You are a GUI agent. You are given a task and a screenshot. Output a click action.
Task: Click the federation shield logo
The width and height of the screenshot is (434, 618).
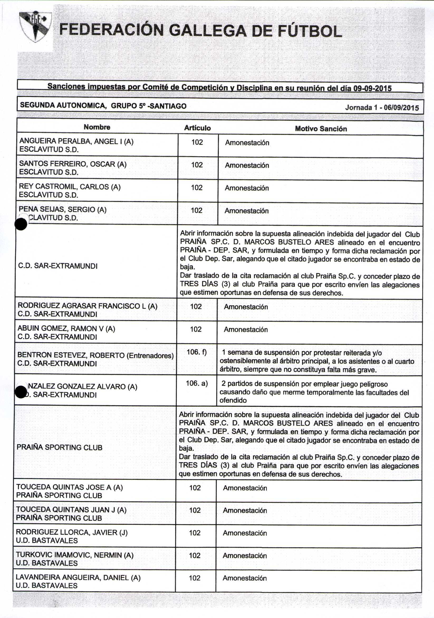click(35, 27)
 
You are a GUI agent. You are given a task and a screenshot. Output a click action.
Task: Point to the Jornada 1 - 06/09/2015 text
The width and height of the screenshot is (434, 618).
click(382, 108)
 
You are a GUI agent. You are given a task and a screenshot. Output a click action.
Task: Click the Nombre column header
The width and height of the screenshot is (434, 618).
click(97, 127)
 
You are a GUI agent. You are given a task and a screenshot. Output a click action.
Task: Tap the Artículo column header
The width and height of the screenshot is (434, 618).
click(197, 128)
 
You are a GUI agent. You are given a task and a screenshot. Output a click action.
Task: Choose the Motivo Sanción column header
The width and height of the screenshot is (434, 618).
click(321, 129)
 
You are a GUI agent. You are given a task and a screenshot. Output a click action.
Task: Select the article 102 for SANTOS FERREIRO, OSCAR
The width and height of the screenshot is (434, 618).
click(197, 165)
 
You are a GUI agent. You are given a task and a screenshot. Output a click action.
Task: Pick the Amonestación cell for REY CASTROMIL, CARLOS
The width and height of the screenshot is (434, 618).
click(247, 188)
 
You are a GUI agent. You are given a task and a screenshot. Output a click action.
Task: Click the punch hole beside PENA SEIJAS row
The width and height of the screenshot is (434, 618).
click(21, 224)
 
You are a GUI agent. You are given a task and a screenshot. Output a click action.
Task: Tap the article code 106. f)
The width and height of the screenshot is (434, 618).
click(196, 352)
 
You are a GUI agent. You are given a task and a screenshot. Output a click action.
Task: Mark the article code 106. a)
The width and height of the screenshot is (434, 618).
click(197, 383)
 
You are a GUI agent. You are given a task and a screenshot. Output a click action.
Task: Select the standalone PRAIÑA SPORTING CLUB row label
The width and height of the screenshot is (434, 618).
click(60, 447)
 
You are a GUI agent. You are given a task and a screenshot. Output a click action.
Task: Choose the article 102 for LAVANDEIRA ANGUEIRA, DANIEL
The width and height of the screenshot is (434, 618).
click(195, 578)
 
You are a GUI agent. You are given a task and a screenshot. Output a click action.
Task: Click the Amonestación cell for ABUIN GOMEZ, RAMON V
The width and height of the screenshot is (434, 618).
click(246, 329)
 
